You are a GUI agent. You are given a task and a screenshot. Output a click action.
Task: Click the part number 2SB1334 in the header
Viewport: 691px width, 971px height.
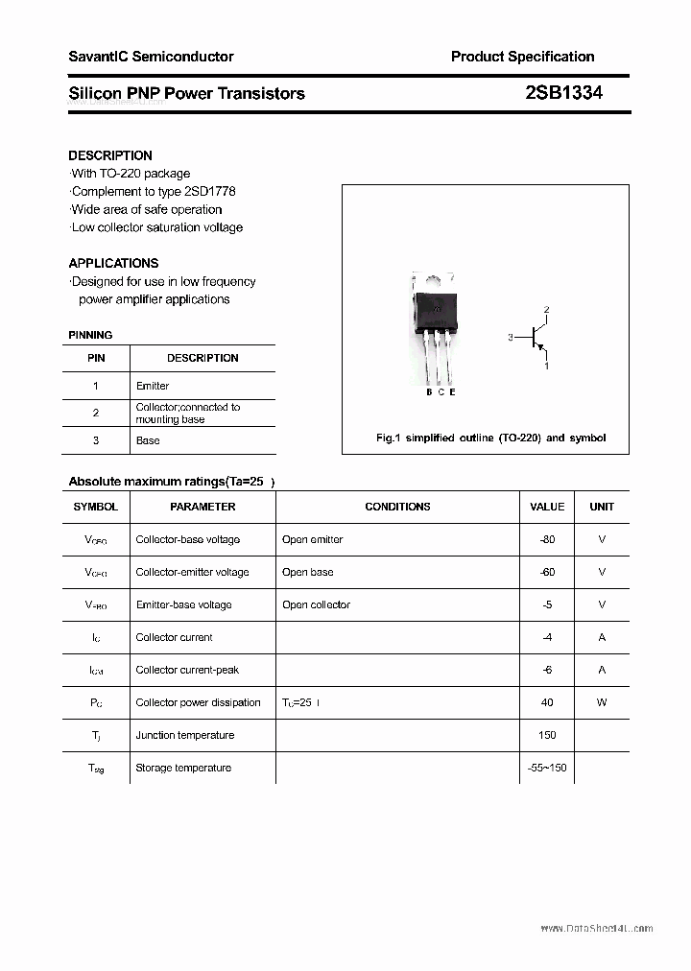(x=563, y=93)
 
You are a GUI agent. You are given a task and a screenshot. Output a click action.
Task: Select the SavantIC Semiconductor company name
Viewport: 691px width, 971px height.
(x=151, y=57)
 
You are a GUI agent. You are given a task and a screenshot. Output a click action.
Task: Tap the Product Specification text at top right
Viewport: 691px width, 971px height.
(x=522, y=57)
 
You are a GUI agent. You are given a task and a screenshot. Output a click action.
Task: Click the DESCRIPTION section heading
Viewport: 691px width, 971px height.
(x=110, y=155)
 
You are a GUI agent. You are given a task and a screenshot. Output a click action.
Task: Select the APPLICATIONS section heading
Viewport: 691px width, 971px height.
(x=113, y=263)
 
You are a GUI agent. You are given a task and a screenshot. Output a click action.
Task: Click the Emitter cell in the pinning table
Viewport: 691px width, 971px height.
(x=153, y=386)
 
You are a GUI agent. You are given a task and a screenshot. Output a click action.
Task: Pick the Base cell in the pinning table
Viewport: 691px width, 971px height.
(x=148, y=440)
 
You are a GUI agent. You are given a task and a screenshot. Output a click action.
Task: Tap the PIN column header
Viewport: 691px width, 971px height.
(x=96, y=358)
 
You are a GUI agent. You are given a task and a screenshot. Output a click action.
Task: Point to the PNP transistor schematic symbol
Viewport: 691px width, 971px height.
(x=538, y=338)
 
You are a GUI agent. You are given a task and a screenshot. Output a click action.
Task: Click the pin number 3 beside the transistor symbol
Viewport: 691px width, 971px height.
(x=512, y=338)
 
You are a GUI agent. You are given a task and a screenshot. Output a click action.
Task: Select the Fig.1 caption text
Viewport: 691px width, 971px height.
(x=490, y=438)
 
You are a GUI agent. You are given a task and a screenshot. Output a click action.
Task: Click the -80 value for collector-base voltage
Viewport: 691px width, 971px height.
(x=547, y=539)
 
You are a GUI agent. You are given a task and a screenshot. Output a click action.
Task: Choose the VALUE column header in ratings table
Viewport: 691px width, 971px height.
(x=547, y=507)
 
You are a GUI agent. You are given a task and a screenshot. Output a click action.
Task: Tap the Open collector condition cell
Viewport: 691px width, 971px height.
(x=316, y=604)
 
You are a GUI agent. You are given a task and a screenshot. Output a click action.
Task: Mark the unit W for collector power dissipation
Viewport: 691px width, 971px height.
(x=602, y=702)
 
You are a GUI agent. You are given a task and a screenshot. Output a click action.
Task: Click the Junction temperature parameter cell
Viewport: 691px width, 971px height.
(x=184, y=735)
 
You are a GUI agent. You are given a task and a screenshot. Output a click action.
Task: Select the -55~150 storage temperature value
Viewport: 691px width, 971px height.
(x=547, y=768)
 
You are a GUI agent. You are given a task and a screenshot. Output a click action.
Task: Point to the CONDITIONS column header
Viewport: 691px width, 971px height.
(x=397, y=507)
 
